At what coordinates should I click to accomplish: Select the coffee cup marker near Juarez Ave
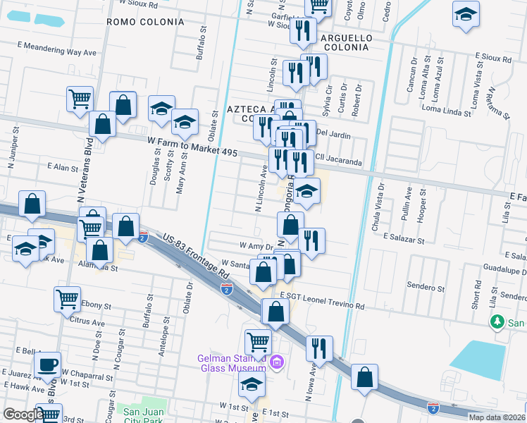49,366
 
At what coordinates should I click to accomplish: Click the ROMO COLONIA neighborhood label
145,22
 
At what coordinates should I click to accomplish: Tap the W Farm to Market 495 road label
196,146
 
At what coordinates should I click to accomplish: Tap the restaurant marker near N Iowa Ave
321,348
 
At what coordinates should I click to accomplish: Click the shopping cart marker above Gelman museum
259,342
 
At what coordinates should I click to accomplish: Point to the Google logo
24,414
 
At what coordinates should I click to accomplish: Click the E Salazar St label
404,240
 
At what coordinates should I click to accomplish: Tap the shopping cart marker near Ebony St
68,298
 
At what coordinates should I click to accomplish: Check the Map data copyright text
497,417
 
